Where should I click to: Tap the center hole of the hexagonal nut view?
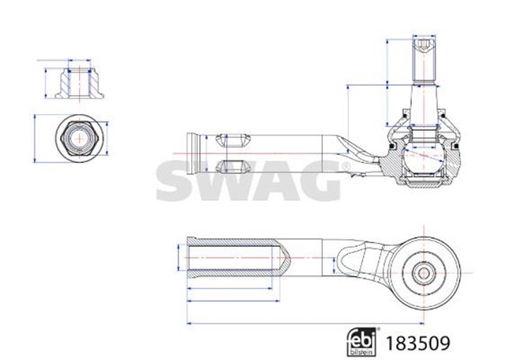[x=79, y=138]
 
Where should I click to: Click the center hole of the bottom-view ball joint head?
[x=425, y=272]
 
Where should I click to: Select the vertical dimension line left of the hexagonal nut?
[x=36, y=138]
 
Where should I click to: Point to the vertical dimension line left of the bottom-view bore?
[x=177, y=258]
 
